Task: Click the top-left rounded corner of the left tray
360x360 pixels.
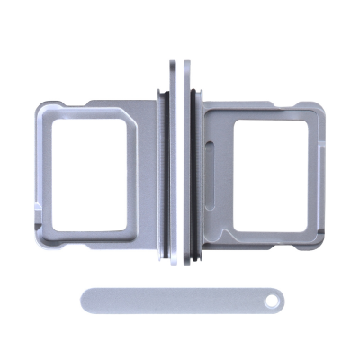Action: point(41,108)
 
